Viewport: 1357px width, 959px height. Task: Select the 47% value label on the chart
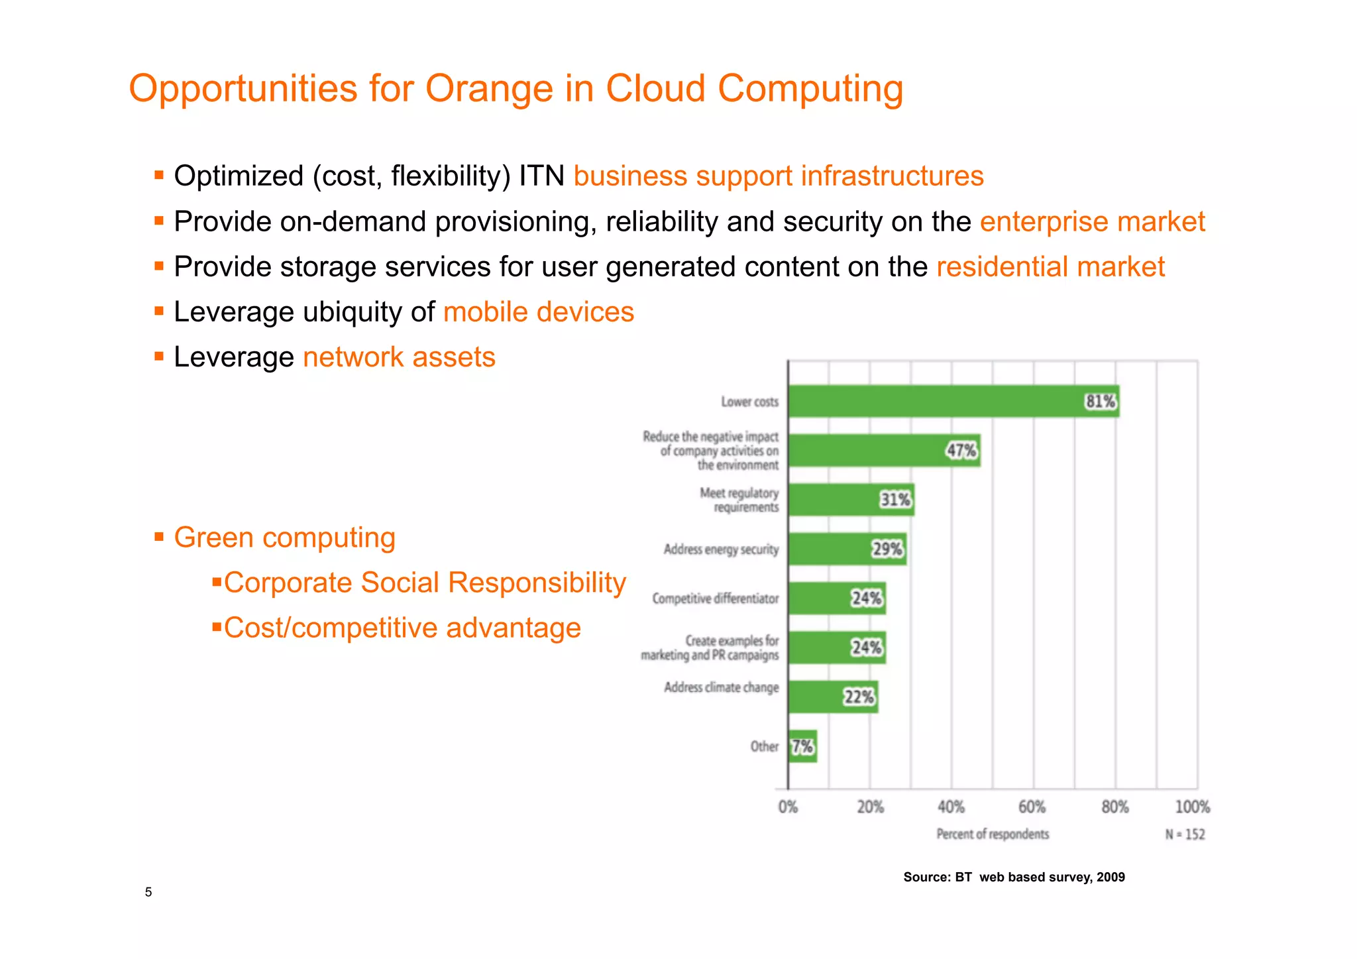961,451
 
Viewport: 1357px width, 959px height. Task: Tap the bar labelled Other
802,746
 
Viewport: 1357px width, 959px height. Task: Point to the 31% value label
895,500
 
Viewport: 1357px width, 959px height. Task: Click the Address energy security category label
721,549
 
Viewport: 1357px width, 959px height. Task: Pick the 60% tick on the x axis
1032,807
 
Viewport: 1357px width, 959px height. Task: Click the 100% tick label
1192,807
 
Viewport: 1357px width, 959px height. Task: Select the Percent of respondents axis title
992,834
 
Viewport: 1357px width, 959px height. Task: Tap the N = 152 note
1185,834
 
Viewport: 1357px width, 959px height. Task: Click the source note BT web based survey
1014,877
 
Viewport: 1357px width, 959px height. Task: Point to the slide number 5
148,892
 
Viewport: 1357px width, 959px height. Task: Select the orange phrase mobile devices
538,311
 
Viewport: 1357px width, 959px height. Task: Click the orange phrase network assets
399,357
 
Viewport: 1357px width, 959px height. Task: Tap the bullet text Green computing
284,537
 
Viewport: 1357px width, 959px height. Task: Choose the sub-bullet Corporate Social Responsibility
424,583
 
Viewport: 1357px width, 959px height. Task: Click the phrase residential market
1050,266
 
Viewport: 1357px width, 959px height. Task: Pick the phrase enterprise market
1092,221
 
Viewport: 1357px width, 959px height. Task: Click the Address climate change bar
833,697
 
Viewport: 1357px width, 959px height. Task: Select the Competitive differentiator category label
715,598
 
